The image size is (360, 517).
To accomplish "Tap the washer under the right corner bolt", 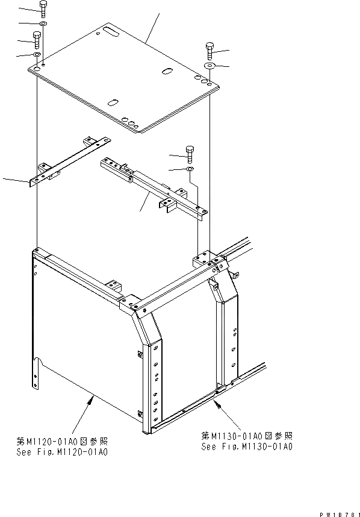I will (209, 65).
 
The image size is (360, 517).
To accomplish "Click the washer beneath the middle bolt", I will (190, 170).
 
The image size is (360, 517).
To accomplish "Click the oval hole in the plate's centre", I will (166, 72).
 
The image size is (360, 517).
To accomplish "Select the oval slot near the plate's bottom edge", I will (113, 102).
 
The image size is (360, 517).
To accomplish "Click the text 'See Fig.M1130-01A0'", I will (247, 446).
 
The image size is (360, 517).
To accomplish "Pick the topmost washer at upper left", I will (44, 24).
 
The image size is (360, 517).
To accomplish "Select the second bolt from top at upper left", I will (37, 40).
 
